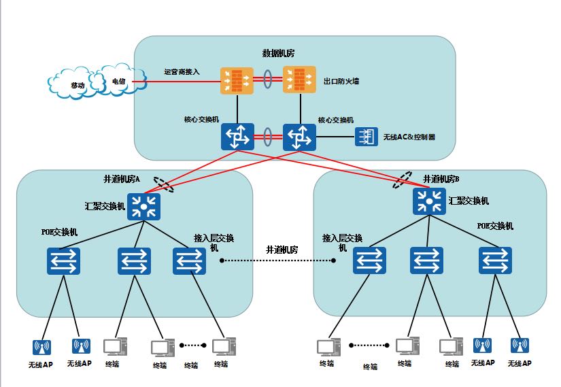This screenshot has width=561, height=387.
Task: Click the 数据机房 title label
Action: (x=278, y=53)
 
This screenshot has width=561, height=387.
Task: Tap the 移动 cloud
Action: (x=78, y=86)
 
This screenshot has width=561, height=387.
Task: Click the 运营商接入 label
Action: (x=182, y=71)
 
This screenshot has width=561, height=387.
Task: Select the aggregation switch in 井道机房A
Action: (x=143, y=206)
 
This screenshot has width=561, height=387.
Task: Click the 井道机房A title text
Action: (x=122, y=180)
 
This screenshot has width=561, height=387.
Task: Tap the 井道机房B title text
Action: (x=441, y=179)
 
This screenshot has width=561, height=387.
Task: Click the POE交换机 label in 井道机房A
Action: (x=58, y=232)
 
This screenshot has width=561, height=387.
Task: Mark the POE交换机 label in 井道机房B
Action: (x=495, y=226)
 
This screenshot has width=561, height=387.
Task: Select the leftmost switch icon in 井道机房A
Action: (x=64, y=261)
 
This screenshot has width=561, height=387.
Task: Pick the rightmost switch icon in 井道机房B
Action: (x=495, y=260)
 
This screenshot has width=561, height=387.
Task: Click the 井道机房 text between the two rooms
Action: (x=282, y=250)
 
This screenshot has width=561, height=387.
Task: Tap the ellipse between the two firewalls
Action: (x=269, y=80)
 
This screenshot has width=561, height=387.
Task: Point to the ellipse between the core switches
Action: (x=268, y=136)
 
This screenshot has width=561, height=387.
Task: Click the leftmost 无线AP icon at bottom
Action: (x=41, y=348)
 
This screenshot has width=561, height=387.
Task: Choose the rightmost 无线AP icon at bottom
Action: (x=520, y=346)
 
